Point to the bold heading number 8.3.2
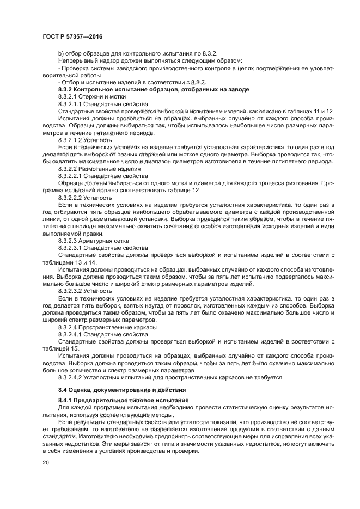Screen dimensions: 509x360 [x=67, y=89]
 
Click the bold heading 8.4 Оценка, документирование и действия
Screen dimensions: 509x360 [x=123, y=390]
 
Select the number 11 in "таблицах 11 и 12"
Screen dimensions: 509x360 [x=319, y=111]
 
